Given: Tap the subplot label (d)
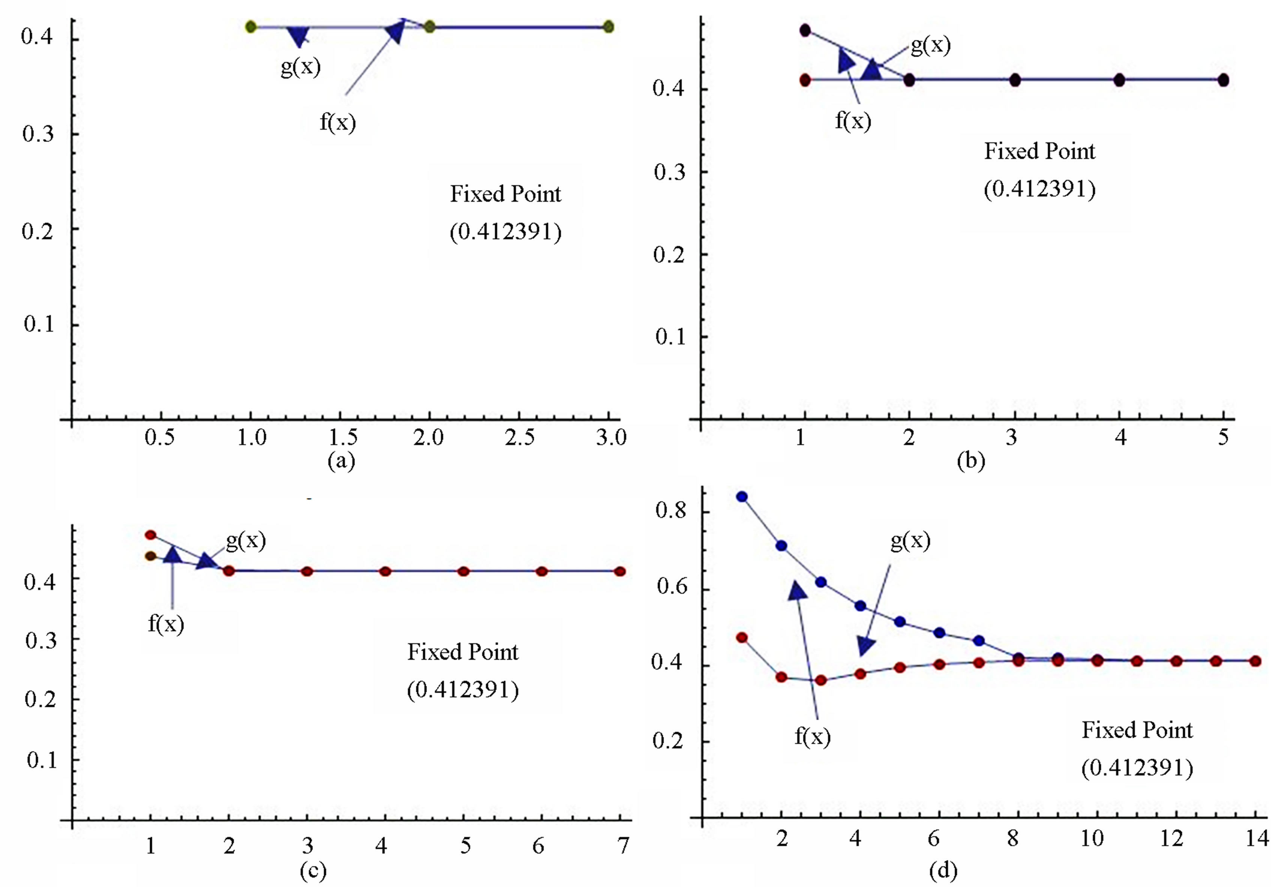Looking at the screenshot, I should click(943, 871).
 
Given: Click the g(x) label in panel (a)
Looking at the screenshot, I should click(300, 68).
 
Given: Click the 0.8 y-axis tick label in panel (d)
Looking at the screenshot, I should click(670, 510).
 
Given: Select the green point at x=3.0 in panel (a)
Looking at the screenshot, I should click(608, 27).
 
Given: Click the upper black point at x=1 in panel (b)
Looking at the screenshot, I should click(805, 30).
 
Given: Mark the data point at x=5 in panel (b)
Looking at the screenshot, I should click(1223, 80).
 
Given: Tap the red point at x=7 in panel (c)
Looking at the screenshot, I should click(620, 571).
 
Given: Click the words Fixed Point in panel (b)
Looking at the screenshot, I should click(1040, 152).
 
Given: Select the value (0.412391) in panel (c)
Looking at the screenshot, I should click(463, 690).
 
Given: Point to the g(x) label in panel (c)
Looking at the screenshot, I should click(246, 540).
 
